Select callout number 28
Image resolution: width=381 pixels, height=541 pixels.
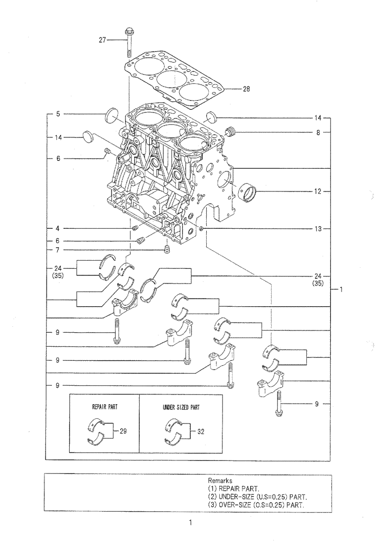tap(246, 89)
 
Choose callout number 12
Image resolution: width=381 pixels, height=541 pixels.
tap(318, 191)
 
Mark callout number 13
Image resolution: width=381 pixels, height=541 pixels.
tap(318, 229)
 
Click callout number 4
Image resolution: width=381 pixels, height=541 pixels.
tap(57, 229)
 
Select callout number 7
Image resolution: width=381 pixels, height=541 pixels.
tap(57, 250)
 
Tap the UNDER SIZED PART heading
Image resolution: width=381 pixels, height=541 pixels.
tap(181, 407)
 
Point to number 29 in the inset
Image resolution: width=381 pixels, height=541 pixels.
tap(123, 431)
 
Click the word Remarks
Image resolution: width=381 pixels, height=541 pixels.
tap(220, 480)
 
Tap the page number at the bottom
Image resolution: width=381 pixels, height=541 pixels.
tap(190, 523)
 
